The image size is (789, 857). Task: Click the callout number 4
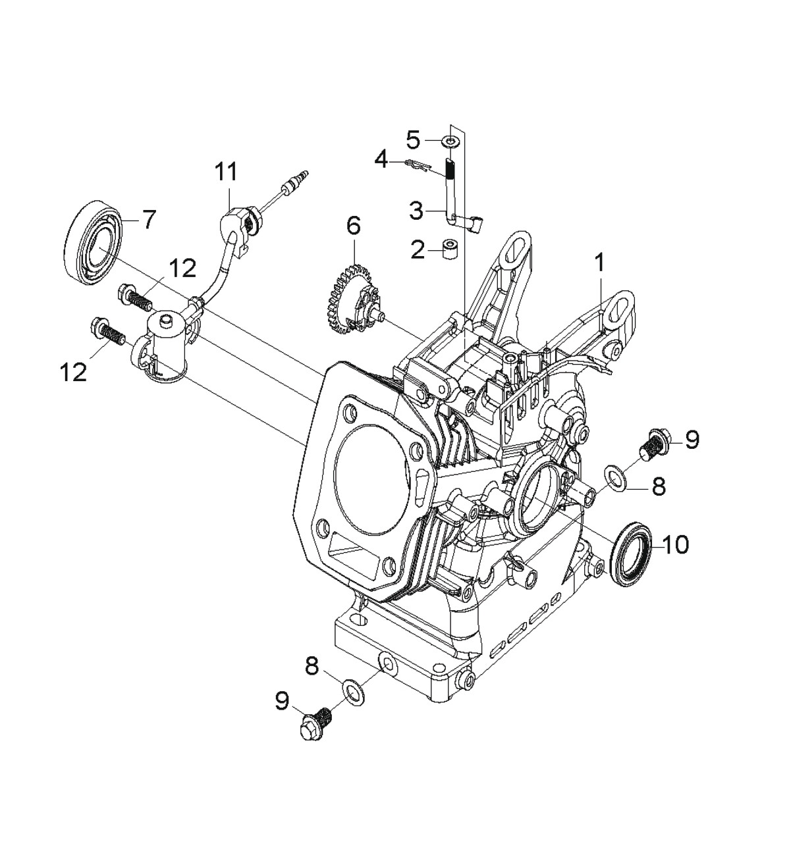tap(381, 161)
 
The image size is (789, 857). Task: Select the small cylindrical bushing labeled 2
tap(449, 249)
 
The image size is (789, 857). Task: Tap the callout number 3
tap(416, 211)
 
